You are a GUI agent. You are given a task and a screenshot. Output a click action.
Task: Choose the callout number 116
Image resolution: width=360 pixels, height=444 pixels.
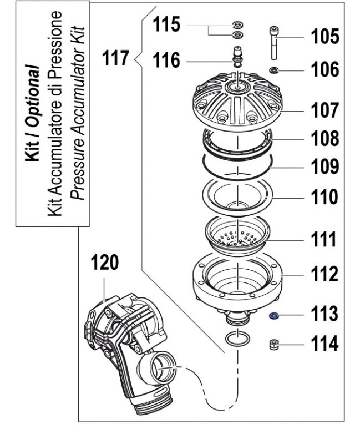(166, 60)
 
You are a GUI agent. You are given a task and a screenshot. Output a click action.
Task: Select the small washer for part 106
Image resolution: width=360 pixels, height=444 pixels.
(273, 70)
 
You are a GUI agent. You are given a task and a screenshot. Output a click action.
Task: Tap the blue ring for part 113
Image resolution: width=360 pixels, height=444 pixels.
(273, 316)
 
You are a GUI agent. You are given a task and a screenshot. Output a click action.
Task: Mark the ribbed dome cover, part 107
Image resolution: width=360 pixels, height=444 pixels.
(237, 103)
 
